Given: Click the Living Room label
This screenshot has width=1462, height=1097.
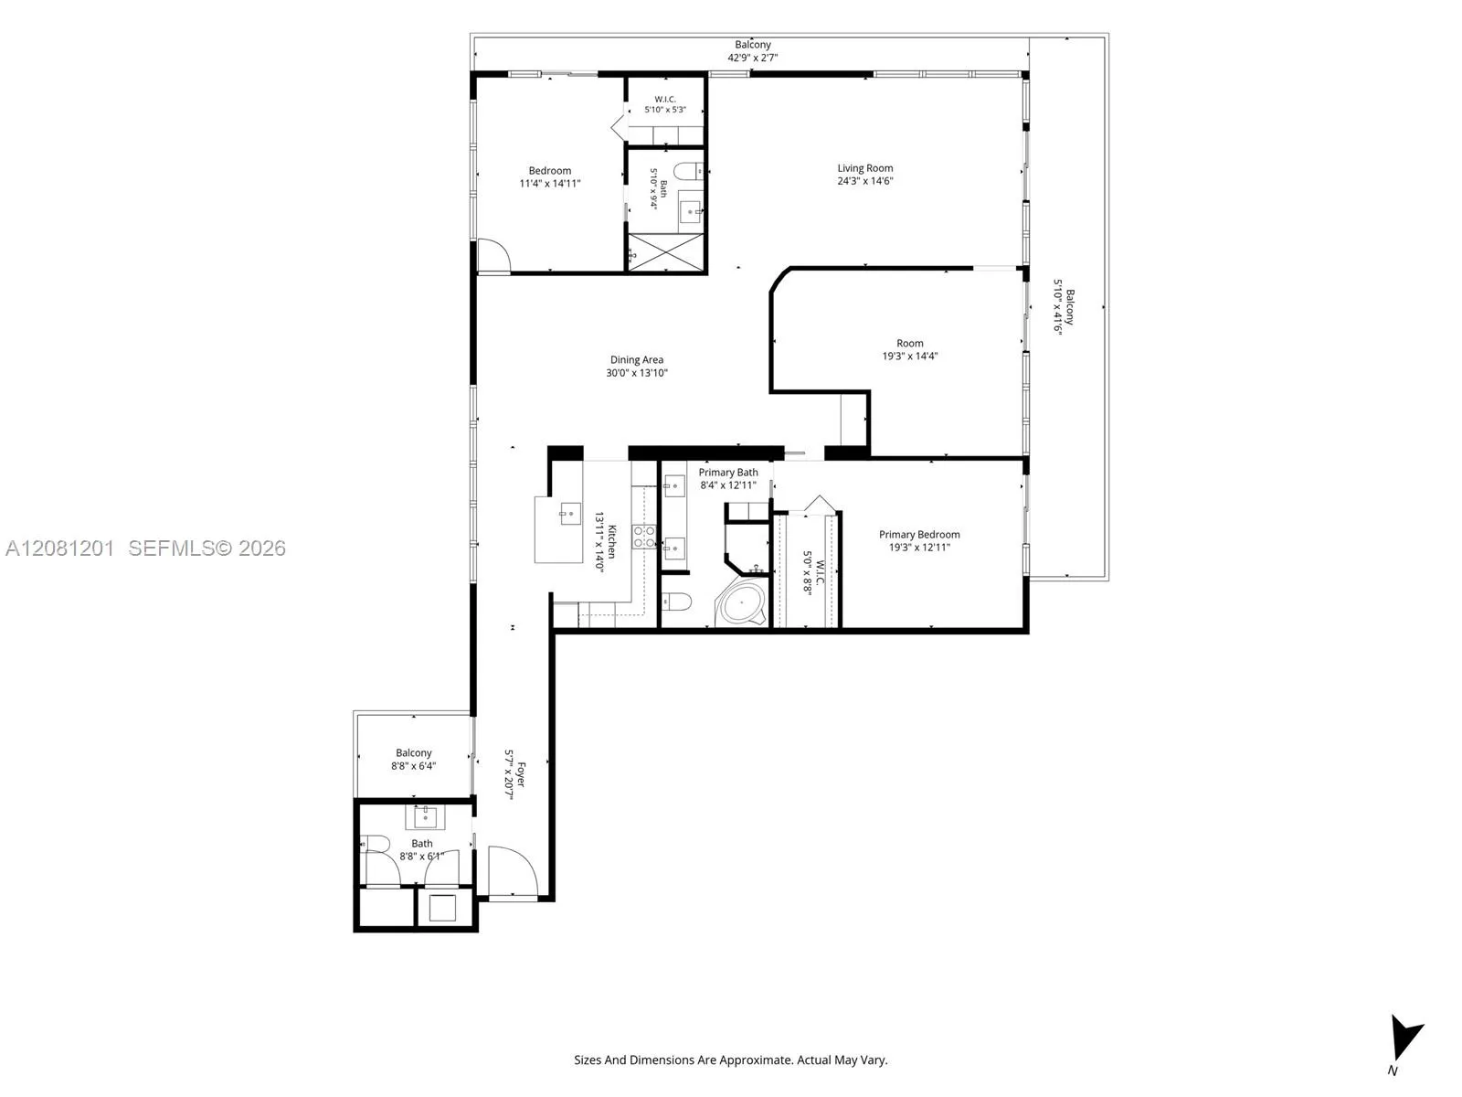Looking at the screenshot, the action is (x=864, y=168).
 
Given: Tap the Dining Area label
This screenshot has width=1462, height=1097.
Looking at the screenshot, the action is (x=636, y=359).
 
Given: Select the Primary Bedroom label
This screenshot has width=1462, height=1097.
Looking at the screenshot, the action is (x=919, y=534).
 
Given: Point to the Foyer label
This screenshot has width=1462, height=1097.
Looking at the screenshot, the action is (x=521, y=774).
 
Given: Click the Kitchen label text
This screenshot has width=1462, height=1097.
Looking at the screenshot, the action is (x=612, y=541).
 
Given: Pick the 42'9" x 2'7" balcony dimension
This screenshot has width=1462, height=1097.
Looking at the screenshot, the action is (x=753, y=58).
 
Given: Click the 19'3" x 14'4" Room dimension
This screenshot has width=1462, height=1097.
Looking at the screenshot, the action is (x=910, y=357).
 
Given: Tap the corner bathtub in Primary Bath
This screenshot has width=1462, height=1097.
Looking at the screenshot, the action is (x=741, y=602).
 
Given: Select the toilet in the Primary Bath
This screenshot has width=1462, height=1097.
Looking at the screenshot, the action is (x=677, y=602).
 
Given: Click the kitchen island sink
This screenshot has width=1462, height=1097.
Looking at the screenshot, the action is (x=570, y=514).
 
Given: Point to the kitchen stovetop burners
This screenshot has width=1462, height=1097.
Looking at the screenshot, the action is (x=644, y=537).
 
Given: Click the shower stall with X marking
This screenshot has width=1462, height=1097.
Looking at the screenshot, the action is (x=666, y=251).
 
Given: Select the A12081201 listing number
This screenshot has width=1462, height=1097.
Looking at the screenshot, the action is (x=60, y=548).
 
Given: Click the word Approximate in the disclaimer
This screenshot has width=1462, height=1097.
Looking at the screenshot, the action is (x=762, y=1060).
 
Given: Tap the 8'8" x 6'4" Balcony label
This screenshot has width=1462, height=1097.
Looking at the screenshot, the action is (x=413, y=760).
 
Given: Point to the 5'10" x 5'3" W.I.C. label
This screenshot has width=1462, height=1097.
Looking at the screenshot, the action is (x=664, y=104).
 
